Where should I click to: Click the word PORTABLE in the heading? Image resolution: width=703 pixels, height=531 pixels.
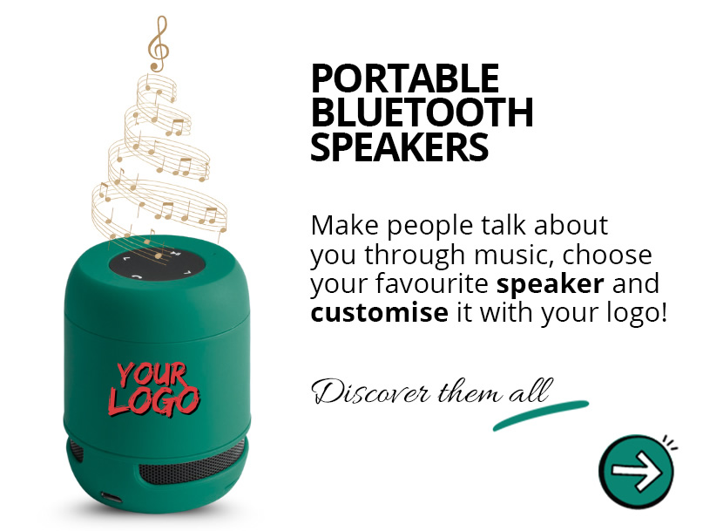[405, 79]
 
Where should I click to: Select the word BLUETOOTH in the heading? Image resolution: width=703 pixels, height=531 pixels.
[422, 113]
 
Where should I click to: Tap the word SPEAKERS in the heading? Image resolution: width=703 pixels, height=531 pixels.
[399, 147]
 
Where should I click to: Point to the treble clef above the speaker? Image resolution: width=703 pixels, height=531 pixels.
[157, 44]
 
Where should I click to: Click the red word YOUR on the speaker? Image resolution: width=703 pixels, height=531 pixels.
[152, 375]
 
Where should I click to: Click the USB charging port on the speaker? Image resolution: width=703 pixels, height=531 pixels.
[112, 498]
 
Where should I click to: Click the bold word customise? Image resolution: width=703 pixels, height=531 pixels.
[379, 312]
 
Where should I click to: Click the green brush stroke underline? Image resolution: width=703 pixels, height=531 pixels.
[540, 416]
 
